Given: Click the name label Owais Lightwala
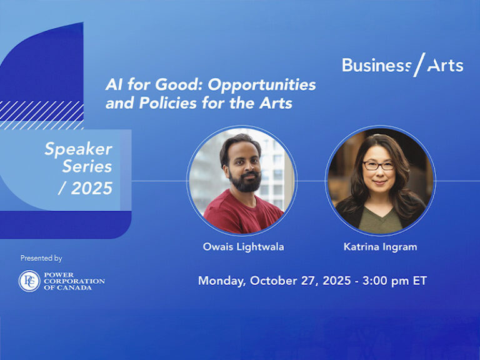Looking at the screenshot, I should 243,247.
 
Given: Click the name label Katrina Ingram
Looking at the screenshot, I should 380,247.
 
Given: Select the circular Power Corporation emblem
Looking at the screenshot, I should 29,281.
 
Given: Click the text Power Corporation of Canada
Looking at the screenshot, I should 74,281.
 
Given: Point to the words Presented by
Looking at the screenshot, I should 41,258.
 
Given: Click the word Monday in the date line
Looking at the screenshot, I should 221,281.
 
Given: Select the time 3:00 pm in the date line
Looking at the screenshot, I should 381,281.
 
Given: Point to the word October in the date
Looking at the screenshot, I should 273,281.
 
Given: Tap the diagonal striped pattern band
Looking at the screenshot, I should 44,114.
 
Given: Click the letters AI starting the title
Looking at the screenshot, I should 112,84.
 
